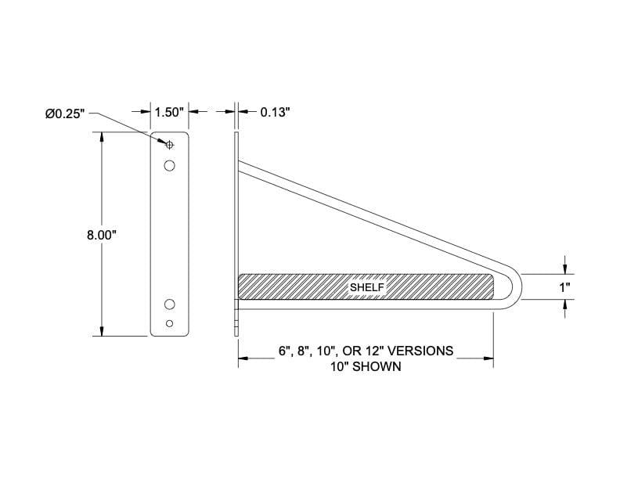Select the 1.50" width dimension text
169,113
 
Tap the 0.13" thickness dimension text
275,113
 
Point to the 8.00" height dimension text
102,235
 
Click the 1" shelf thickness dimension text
564,287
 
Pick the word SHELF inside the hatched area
366,287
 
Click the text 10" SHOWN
366,366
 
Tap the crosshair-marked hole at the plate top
170,144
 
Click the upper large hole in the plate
170,165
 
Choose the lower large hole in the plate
170,304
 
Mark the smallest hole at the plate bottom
170,323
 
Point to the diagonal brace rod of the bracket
368,214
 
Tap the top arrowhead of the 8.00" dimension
102,138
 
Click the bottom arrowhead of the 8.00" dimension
102,331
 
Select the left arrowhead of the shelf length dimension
243,358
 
